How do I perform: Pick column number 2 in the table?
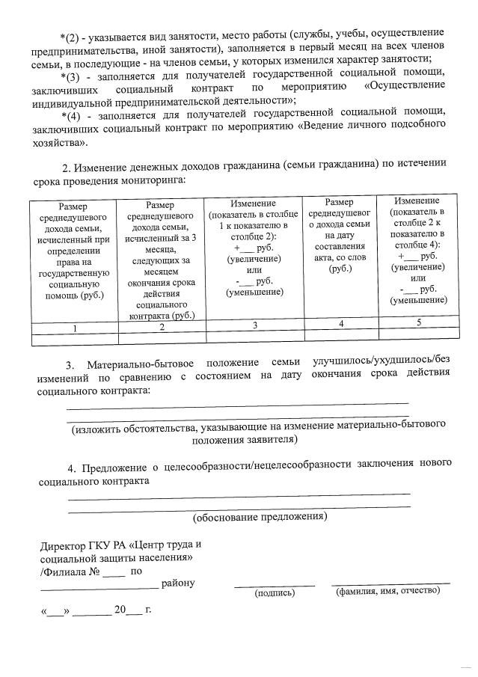[162, 327]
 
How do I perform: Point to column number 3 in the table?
[254, 325]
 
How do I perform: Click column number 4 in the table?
[341, 323]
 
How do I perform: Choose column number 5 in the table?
[419, 322]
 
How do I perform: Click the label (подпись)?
[275, 593]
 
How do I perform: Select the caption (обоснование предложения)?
[260, 517]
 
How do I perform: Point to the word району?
[177, 583]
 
